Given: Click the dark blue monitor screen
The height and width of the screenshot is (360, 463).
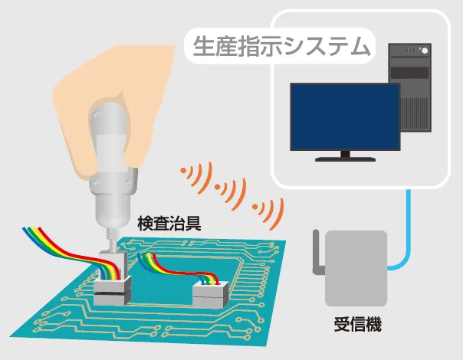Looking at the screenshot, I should (345, 116).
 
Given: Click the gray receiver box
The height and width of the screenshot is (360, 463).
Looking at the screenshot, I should (353, 265).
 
